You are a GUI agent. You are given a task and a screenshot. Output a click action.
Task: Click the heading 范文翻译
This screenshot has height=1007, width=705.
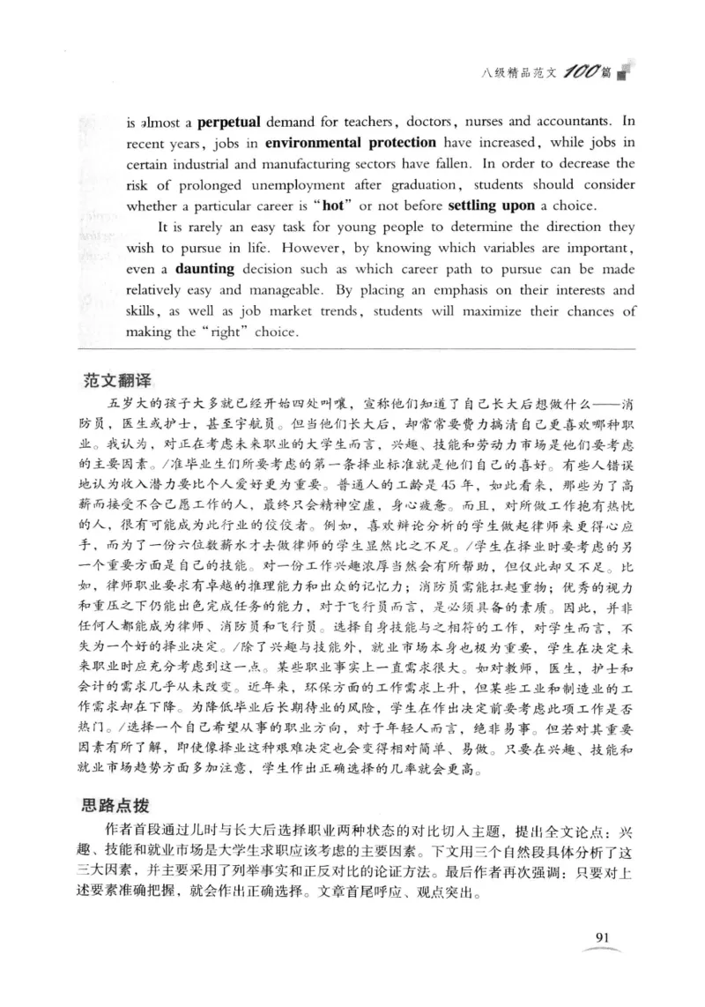click(x=115, y=379)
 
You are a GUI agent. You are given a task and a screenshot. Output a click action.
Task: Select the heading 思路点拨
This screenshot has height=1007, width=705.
click(x=115, y=783)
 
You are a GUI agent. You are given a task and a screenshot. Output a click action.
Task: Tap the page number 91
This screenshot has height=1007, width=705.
click(x=605, y=936)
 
